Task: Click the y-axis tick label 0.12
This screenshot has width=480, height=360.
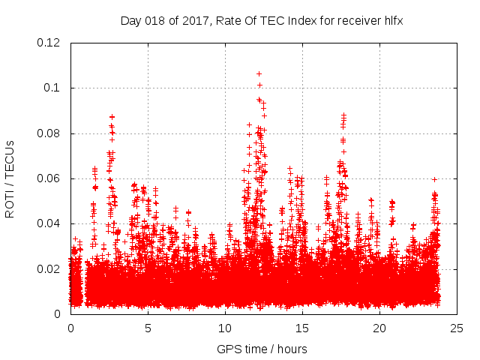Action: [x=49, y=43]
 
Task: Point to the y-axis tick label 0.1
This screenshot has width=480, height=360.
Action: [x=52, y=88]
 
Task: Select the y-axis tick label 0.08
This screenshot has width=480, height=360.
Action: [x=49, y=133]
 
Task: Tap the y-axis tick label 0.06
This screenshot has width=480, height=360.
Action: [x=49, y=178]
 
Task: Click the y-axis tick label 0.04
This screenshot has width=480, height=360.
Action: [x=49, y=223]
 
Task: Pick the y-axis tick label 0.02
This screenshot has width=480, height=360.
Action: [x=49, y=268]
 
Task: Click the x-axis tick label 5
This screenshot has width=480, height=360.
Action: [x=148, y=328]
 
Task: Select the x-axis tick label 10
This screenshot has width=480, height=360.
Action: [x=225, y=328]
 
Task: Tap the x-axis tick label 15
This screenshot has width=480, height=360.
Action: [x=302, y=328]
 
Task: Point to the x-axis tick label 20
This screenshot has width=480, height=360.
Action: [x=379, y=328]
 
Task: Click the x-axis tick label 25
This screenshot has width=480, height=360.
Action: [x=457, y=328]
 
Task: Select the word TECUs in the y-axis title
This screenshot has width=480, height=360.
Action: [x=10, y=157]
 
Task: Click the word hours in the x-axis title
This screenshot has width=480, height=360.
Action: [x=291, y=349]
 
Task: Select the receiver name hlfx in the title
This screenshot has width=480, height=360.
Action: [x=391, y=20]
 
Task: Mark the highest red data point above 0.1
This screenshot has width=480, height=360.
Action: [x=259, y=73]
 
